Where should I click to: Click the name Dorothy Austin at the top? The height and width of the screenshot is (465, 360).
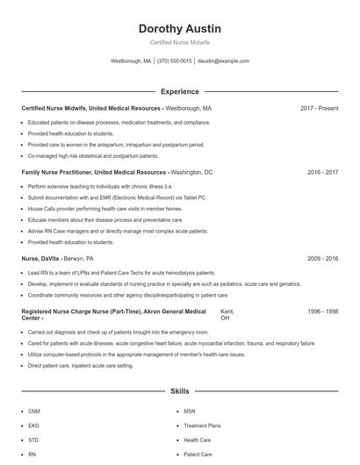point(179,29)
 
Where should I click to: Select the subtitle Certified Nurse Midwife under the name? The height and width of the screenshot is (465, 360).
point(179,42)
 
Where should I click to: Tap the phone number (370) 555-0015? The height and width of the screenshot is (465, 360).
point(174,61)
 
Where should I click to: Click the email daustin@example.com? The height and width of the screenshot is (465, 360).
point(223,61)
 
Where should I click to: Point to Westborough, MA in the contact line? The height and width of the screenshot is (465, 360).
point(131,61)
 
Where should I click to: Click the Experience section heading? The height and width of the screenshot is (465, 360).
point(179,91)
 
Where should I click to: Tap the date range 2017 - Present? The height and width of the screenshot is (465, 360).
point(319,109)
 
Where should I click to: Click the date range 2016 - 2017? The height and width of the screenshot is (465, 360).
point(322,173)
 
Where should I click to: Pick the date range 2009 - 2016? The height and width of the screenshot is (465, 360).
point(322,259)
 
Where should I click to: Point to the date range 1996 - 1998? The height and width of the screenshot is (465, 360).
point(322,311)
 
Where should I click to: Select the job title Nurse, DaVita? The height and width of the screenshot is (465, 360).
point(40,259)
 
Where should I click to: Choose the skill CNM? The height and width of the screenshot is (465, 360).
point(34,411)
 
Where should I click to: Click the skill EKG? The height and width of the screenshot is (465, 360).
point(33,426)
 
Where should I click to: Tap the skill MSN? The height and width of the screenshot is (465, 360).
point(190,411)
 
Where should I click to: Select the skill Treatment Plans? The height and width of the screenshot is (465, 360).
point(202,426)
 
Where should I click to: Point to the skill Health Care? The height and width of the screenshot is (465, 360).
point(197,440)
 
